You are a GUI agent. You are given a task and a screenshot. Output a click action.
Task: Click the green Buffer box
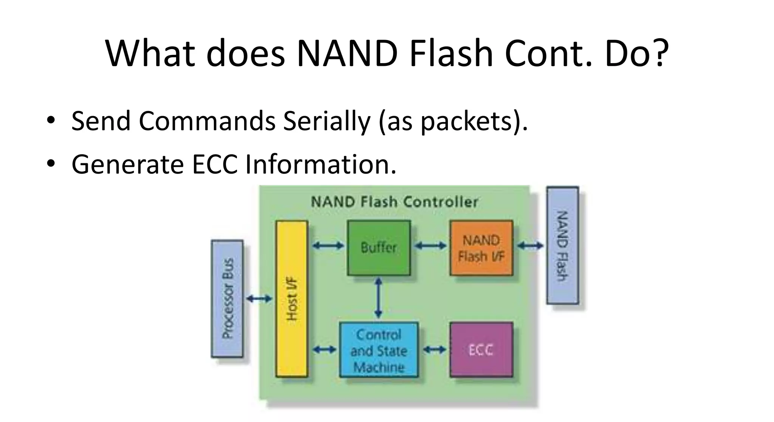[x=379, y=248]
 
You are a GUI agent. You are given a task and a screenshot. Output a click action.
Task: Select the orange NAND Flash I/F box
[x=481, y=248]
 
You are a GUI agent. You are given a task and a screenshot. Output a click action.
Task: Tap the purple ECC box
[x=481, y=350]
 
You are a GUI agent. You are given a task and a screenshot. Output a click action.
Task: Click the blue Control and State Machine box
[x=379, y=350]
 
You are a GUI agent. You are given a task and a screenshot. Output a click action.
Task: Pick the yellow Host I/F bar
[x=292, y=299]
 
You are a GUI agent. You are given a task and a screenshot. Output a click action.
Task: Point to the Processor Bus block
[x=227, y=299]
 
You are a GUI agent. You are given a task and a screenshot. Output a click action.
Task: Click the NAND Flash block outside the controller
[x=562, y=246]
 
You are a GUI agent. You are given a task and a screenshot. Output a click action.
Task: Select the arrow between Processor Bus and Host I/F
[x=259, y=299]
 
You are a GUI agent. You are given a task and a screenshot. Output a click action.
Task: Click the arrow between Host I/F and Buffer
[x=328, y=246]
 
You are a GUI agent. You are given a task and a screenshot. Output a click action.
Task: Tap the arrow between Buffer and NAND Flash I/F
[x=430, y=246]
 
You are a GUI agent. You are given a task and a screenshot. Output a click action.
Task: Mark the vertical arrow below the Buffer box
[x=378, y=298]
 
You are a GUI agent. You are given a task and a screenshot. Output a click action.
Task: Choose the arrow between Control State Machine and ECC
[x=434, y=349]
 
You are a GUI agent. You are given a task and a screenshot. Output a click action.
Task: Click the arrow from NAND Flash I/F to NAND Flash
[x=530, y=246]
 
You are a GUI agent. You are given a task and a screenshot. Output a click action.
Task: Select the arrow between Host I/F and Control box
[x=325, y=349]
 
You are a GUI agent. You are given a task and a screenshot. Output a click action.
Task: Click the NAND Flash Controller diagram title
[x=394, y=202]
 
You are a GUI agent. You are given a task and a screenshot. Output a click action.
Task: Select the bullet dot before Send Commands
[x=51, y=120]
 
